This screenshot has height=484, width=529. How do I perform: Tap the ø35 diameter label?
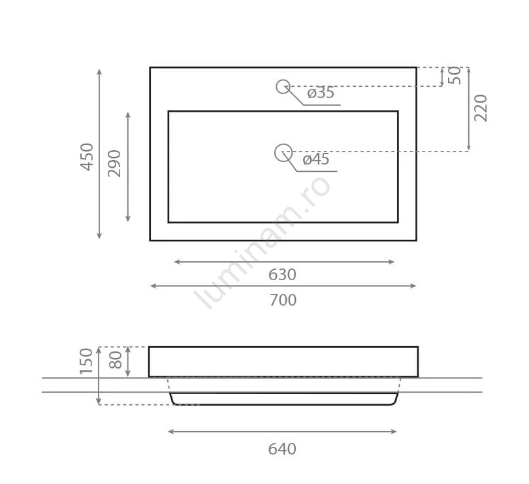321,93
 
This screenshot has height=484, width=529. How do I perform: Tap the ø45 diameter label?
316,159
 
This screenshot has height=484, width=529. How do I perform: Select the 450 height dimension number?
87,157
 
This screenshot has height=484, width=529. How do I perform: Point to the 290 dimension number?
114,163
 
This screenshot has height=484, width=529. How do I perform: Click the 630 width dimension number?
282,275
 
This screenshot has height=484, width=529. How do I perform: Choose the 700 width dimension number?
283,300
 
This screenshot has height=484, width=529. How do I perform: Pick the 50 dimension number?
455,75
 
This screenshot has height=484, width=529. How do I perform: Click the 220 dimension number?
481,108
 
